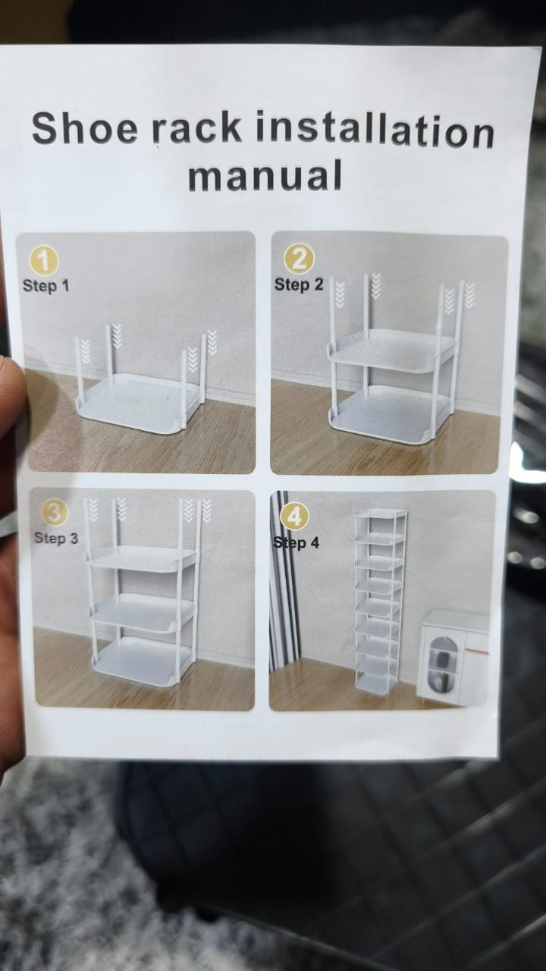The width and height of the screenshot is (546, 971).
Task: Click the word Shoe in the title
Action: coord(84,128)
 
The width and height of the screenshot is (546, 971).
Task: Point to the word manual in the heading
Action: coord(265,175)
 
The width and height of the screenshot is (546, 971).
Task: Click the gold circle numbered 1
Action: coord(43,261)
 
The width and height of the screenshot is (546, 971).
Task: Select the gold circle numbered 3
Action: coord(55,512)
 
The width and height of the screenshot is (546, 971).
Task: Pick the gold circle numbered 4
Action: coord(295,517)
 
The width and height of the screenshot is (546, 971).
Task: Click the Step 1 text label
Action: coord(46,286)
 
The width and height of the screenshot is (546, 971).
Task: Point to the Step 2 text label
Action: coord(299,284)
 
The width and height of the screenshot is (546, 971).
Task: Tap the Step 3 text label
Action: coord(56,539)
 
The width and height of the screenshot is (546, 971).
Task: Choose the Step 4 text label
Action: coord(297,542)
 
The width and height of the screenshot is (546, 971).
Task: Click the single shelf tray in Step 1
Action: coord(141,401)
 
